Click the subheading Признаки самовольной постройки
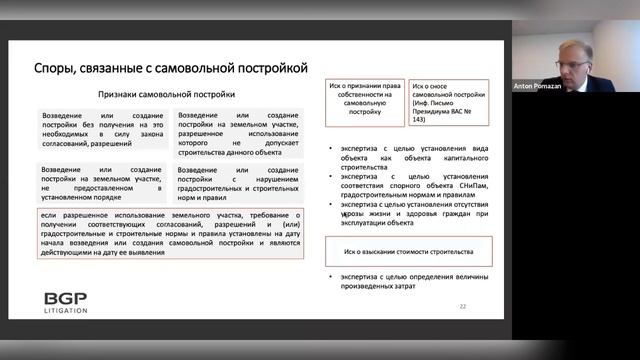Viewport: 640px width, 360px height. coord(166,95)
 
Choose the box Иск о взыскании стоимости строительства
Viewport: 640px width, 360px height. coord(408,252)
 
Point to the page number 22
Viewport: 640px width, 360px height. coord(462,305)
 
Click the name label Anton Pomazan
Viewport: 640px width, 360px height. coord(543,87)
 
